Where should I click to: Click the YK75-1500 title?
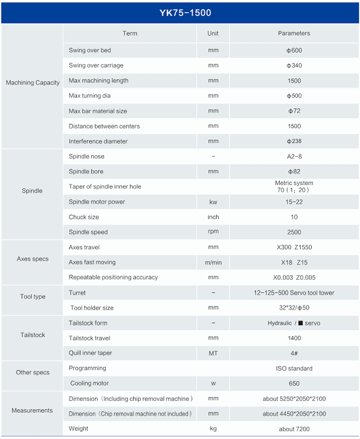tap(185, 13)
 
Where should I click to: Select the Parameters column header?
tap(294, 34)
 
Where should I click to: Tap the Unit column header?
tap(213, 34)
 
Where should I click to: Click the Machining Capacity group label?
tap(32, 83)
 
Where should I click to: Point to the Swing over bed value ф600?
tap(294, 51)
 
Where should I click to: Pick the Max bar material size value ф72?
tap(294, 111)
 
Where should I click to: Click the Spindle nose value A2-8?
tap(294, 156)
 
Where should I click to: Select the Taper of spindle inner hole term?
tap(105, 186)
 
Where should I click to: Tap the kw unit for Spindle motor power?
tap(213, 202)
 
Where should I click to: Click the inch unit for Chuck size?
tap(213, 217)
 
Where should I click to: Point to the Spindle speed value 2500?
tap(294, 232)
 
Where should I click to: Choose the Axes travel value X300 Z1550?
tap(294, 247)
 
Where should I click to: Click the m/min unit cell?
tap(213, 262)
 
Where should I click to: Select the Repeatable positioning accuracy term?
tap(113, 277)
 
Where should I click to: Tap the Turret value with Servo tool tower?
tap(294, 293)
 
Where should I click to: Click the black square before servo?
tap(301, 323)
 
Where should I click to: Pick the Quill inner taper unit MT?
tap(213, 353)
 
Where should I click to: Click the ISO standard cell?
tap(294, 369)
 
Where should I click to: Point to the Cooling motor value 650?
tap(294, 383)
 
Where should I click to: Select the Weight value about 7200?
tap(294, 429)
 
